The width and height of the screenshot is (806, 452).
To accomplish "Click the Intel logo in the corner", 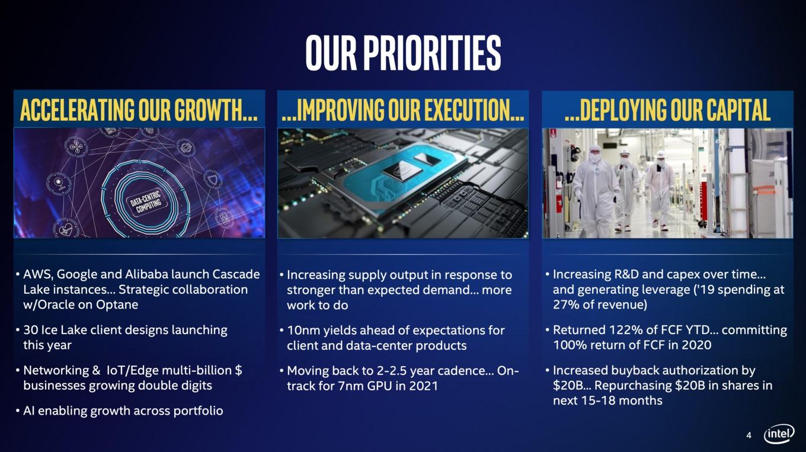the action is (x=779, y=434).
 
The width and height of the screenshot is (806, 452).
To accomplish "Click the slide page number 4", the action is (x=749, y=435).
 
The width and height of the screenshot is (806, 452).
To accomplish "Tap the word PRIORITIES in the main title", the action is (x=432, y=53).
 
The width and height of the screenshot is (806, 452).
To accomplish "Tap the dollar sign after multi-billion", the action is (x=238, y=370).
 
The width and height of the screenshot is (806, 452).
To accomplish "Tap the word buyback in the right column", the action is (x=635, y=370).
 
